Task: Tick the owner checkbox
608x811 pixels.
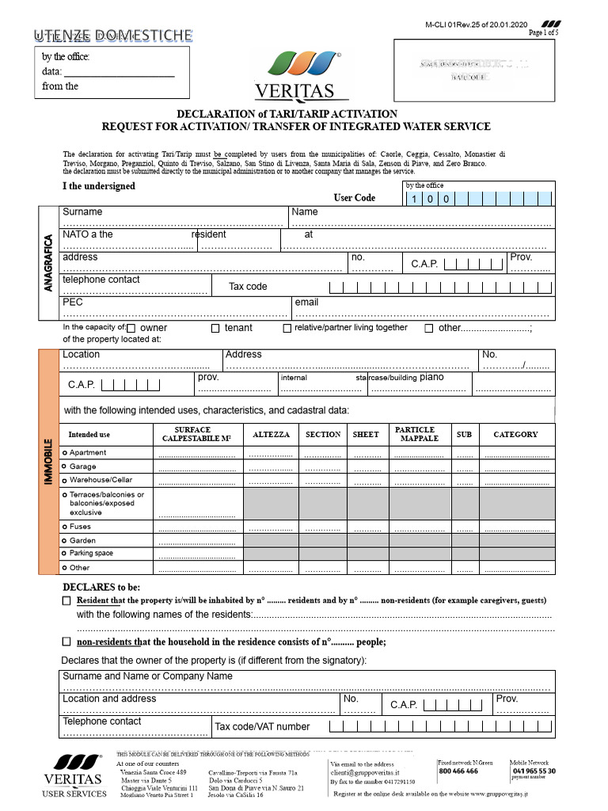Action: [131, 328]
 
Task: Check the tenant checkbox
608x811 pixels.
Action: [215, 328]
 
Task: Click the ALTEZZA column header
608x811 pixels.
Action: [271, 435]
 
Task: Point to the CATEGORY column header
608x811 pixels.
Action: [515, 434]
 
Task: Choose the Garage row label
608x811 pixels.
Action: [82, 466]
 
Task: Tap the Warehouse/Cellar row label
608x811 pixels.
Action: [101, 480]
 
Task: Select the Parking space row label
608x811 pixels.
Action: [91, 554]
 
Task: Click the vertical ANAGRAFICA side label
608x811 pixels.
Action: [48, 263]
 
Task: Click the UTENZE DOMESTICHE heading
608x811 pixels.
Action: [112, 35]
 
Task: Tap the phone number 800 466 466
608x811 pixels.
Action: [458, 771]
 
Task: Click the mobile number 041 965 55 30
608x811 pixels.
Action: [534, 771]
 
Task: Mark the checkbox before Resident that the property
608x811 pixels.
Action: [66, 601]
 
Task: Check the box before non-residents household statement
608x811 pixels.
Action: [66, 642]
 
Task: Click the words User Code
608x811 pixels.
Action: [354, 198]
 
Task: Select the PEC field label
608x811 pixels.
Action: [73, 302]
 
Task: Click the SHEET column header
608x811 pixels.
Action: [366, 435]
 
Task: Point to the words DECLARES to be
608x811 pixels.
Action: [101, 587]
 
